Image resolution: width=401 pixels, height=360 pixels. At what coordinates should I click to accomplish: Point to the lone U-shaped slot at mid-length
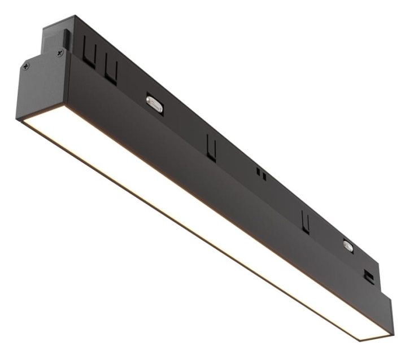[x=211, y=147]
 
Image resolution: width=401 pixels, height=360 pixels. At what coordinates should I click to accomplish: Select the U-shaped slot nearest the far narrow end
[x=306, y=221]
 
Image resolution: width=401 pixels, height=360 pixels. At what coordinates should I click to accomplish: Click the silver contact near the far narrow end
[x=347, y=245]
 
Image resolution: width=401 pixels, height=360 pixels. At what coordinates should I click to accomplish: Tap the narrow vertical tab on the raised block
[x=67, y=40]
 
